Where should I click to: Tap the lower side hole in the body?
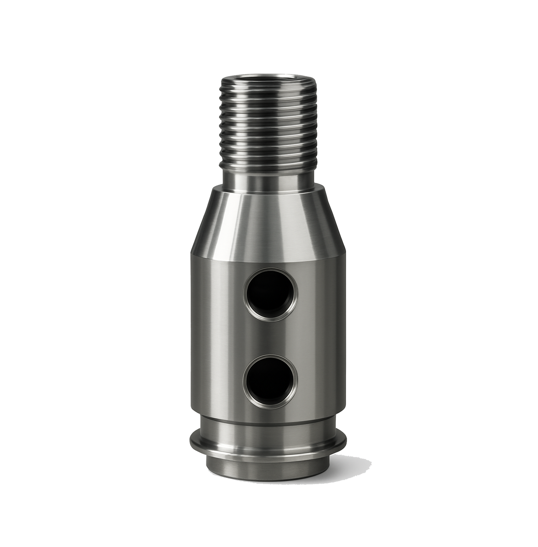270,382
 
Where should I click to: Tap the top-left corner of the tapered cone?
213,189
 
